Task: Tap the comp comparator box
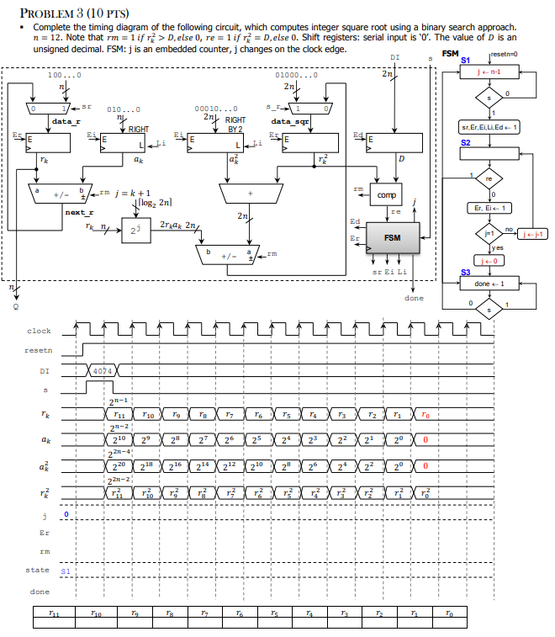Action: (387, 194)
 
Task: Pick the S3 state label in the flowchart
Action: (466, 271)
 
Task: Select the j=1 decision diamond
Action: (489, 229)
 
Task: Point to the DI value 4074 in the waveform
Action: (103, 370)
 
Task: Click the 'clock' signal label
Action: (39, 331)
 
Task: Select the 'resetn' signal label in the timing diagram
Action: (38, 349)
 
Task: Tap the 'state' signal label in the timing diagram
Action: (38, 570)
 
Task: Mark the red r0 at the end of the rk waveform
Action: (427, 415)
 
